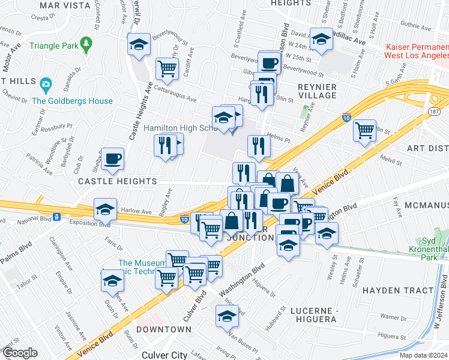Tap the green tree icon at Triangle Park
pyautogui.click(x=87, y=44)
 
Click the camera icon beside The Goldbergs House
pyautogui.click(x=46, y=83)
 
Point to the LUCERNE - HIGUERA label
pyautogui.click(x=313, y=314)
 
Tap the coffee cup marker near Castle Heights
pyautogui.click(x=113, y=158)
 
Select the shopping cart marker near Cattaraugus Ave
pyautogui.click(x=167, y=68)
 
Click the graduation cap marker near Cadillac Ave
pyautogui.click(x=321, y=39)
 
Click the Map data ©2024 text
pyautogui.click(x=423, y=355)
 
